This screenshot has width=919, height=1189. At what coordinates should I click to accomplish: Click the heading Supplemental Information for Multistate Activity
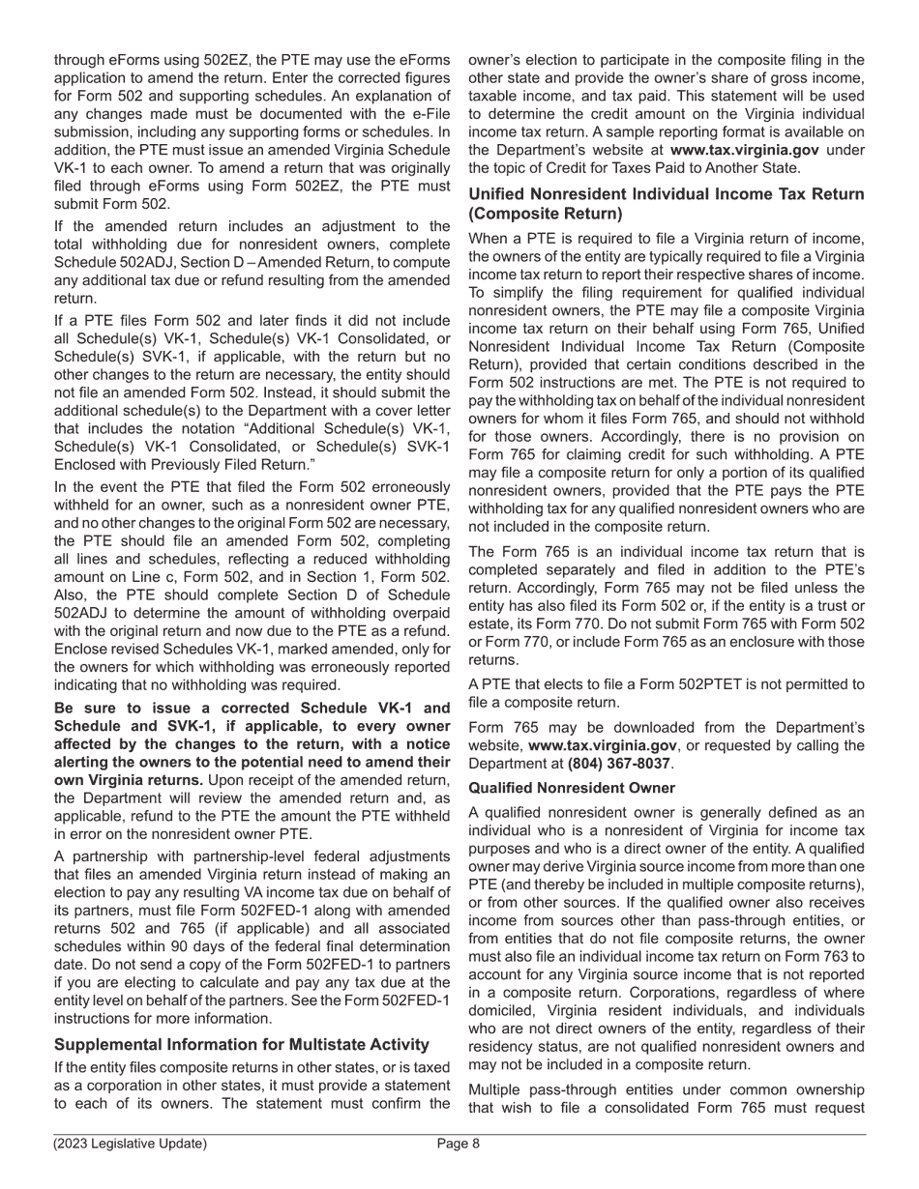click(241, 1044)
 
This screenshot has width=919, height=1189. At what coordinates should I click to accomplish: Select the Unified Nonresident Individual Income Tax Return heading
click(666, 203)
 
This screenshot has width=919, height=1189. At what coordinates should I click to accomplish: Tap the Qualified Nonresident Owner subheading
click(572, 788)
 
